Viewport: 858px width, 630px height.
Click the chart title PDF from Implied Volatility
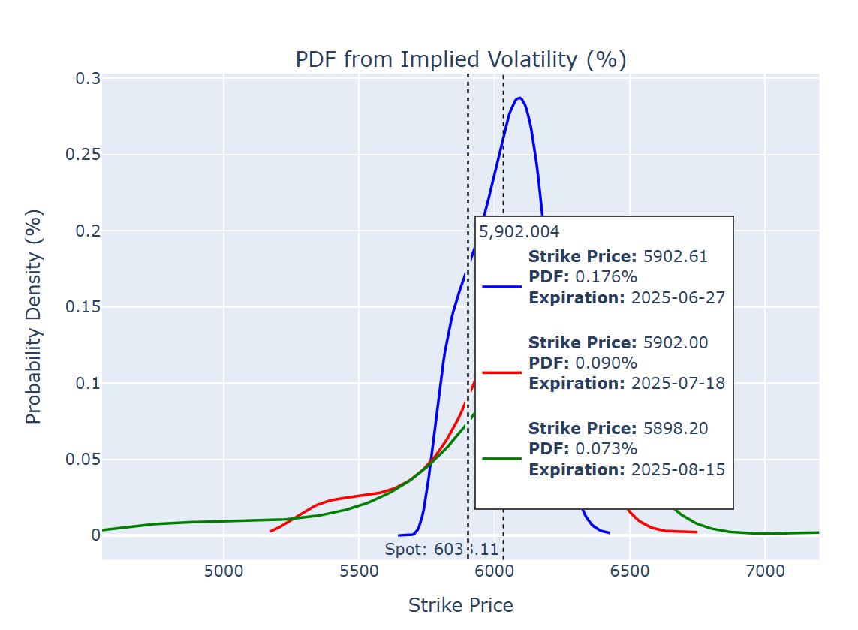460,59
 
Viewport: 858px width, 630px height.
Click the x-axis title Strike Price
460,605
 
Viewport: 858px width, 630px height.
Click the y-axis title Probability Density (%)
34,316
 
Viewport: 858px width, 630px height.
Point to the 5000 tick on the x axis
224,571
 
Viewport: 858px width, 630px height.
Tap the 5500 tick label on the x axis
359,571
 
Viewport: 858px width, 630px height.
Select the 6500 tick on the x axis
629,571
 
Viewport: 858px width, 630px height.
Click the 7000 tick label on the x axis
764,571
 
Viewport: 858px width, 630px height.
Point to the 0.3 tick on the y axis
88,79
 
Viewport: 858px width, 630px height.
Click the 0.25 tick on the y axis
84,155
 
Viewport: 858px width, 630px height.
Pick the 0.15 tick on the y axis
84,307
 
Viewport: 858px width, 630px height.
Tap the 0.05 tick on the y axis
84,459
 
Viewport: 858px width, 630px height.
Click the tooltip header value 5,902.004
519,232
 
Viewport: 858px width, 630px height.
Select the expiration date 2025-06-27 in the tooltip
678,297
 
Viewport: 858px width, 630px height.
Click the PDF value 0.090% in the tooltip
606,363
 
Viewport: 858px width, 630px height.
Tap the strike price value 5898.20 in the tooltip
676,428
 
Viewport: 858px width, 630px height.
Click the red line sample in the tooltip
501,372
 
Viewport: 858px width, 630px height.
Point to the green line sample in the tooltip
501,458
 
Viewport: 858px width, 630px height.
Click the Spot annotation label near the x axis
441,550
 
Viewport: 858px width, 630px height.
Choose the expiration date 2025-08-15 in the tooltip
678,469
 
